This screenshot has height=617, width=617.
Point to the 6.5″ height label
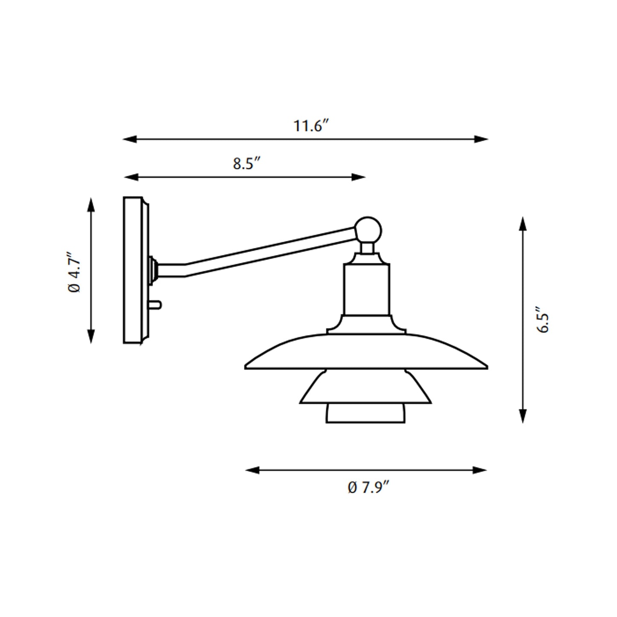tap(544, 320)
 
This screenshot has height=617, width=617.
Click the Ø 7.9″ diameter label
tap(368, 487)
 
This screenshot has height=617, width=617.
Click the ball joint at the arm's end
tap(368, 230)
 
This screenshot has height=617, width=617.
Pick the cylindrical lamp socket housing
tap(367, 289)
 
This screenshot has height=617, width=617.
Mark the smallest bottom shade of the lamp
tap(366, 413)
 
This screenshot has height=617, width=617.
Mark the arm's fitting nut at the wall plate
tap(153, 270)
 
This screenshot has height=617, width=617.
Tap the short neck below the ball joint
tap(367, 248)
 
